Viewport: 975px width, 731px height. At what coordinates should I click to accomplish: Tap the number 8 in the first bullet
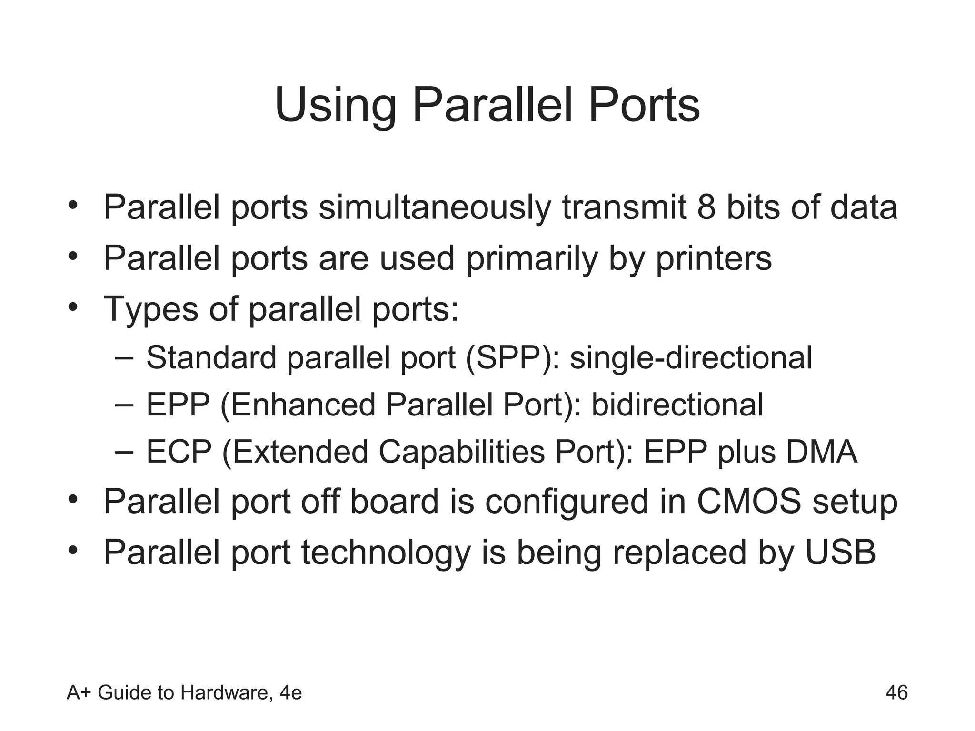pos(706,207)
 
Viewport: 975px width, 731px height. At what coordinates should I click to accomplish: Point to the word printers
pos(714,259)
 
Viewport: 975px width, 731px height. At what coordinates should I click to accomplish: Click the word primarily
pos(531,259)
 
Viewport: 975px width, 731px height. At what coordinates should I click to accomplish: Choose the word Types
pos(150,310)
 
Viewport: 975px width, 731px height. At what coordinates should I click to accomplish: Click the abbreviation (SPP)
pos(512,358)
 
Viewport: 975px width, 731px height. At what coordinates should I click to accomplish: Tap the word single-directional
pos(691,358)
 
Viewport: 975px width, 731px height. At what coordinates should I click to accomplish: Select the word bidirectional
pos(677,405)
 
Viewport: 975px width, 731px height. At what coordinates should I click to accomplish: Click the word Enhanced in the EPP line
pos(298,405)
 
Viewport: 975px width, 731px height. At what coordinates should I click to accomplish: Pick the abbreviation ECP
pos(179,452)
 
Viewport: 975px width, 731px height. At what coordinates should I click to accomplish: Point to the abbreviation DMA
pos(821,452)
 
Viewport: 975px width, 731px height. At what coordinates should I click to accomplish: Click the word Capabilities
pos(462,452)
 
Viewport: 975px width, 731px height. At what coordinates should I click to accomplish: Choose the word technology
pos(386,553)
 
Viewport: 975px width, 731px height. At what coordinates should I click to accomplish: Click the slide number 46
pos(896,692)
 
